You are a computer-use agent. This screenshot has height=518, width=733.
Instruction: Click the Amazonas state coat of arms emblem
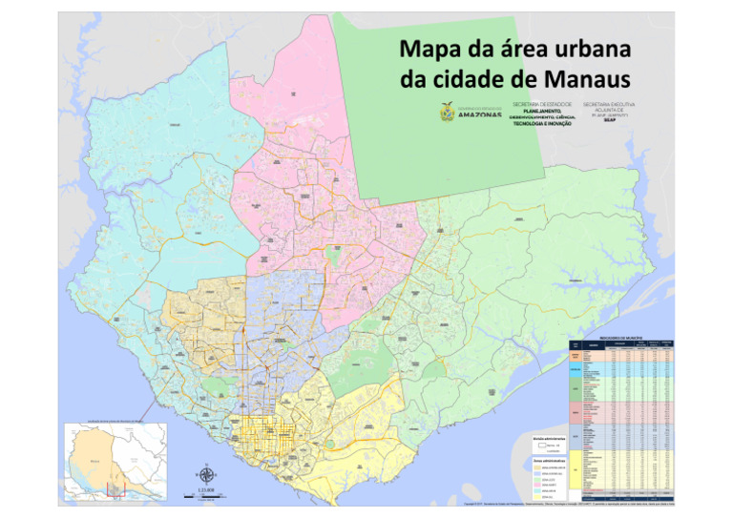[x=446, y=112]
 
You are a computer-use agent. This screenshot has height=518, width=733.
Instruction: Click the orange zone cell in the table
[x=576, y=355]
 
